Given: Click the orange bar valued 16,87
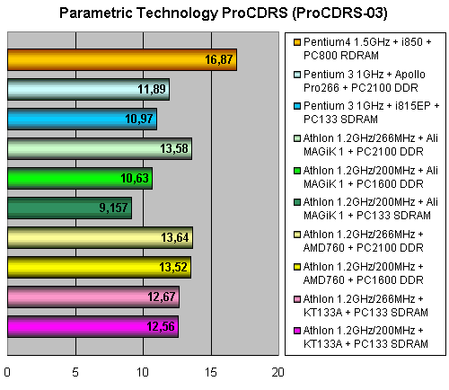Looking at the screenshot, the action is pos(122,60).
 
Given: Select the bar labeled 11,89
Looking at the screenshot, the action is pos(89,89).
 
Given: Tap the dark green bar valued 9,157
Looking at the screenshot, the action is pos(69,208).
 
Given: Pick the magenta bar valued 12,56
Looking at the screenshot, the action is pos(93,326).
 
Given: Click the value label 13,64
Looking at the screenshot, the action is pos(175,237).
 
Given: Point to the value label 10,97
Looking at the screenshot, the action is pos(139,119).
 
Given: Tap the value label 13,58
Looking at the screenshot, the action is pos(174,148).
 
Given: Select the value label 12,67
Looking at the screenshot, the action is pos(162,297).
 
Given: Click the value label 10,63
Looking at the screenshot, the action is pos(135,178).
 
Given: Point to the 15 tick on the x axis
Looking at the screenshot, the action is pos(211,372).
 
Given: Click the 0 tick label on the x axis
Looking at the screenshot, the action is pos(7,372).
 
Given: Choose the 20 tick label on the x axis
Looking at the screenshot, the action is pos(278,372).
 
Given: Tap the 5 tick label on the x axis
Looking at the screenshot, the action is pos(75,372).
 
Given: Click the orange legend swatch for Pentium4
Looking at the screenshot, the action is pos(297,42).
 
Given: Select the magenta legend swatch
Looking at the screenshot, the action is pos(297,331).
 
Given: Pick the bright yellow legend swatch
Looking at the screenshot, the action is pos(297,267).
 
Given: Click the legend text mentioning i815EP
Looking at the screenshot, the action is pos(371,112).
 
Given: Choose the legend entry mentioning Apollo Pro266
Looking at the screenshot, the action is pos(365,81).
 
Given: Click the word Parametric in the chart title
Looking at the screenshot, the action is pos(96,13).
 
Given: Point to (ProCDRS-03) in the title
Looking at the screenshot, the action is pos(339,13).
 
